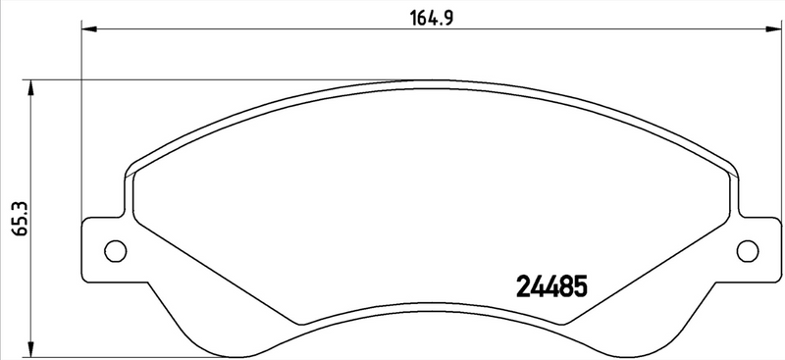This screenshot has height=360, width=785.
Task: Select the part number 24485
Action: point(550,286)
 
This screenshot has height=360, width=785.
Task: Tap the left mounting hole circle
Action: point(115,251)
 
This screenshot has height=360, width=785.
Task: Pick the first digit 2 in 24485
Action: point(523,286)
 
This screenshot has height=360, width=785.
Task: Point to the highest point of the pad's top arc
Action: point(432,81)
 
